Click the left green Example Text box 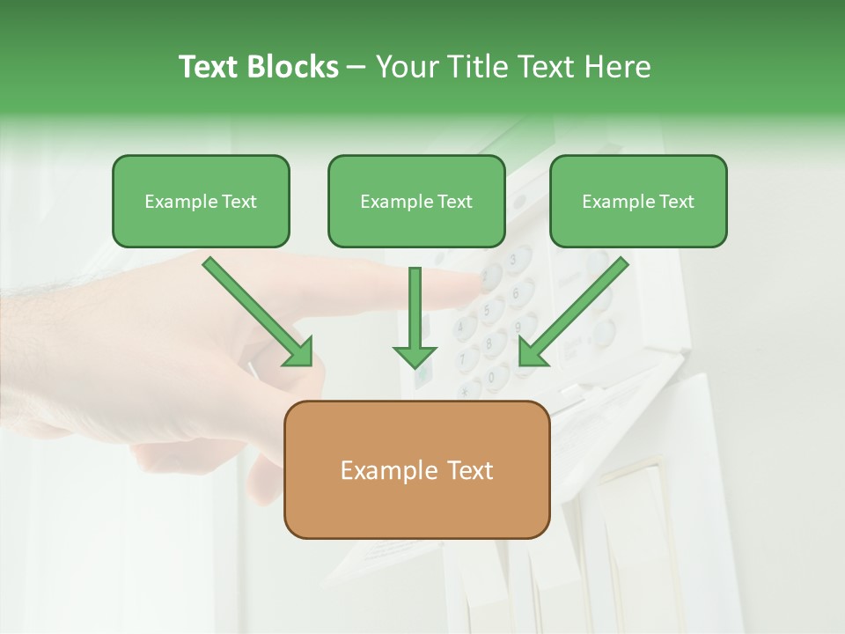coord(201,202)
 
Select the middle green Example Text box coord(416,202)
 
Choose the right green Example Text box coord(638,202)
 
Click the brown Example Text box coord(416,469)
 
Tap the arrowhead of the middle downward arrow coord(415,356)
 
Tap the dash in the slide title coord(356,68)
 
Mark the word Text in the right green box coord(677,202)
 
